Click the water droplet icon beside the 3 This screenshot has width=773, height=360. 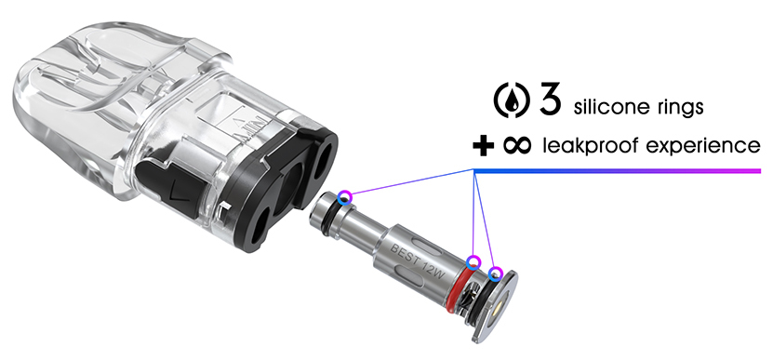pos(512,101)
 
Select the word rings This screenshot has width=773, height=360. pos(681,108)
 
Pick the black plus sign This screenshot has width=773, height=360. pos(483,145)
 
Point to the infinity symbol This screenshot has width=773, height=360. pos(517,145)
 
